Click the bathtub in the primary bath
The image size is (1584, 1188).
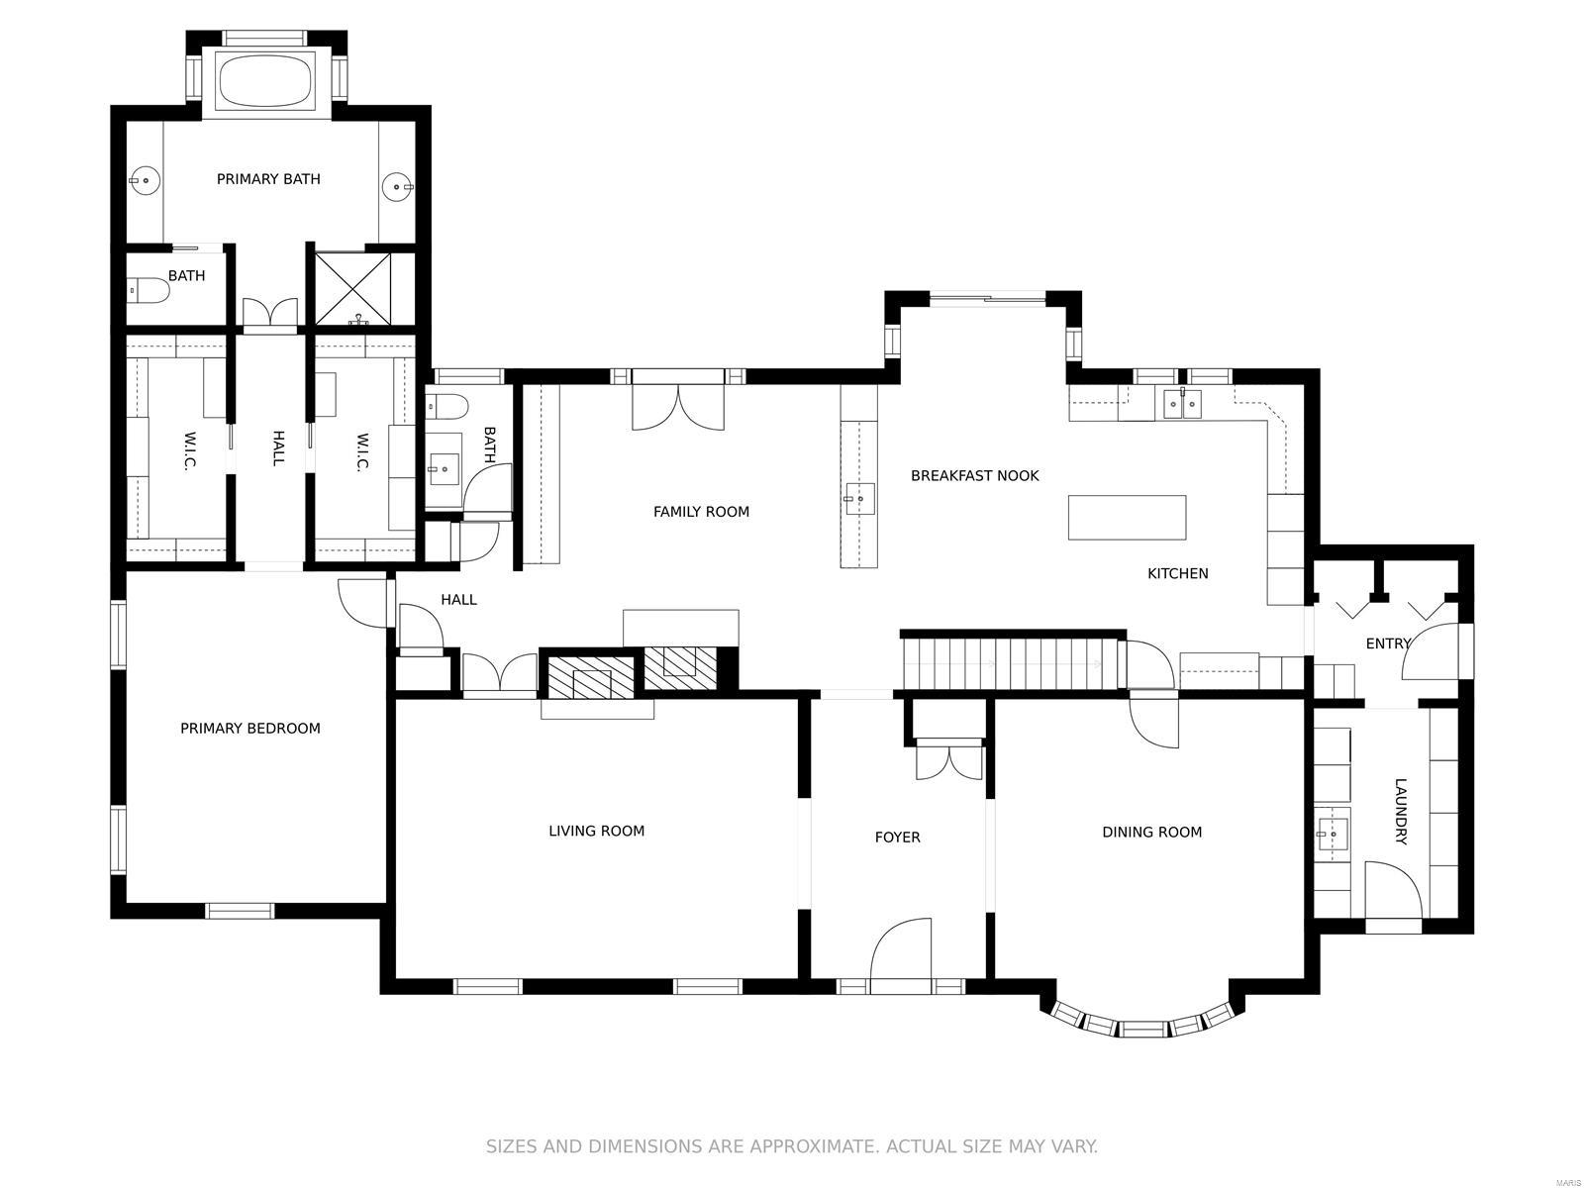click(x=264, y=80)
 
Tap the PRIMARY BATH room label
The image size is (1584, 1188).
click(x=268, y=179)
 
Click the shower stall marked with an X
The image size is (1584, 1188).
click(x=353, y=288)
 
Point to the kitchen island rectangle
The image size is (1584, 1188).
click(x=1127, y=517)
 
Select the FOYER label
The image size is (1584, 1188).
click(x=897, y=838)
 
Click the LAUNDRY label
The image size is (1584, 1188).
click(x=1400, y=812)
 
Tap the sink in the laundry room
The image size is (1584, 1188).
click(x=1333, y=834)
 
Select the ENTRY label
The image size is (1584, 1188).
click(x=1388, y=643)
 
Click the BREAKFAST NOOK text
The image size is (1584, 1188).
click(x=974, y=476)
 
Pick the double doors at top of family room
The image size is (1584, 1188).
click(x=678, y=407)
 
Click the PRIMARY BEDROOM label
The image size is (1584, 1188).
click(x=250, y=729)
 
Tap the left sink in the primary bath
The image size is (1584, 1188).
click(x=145, y=180)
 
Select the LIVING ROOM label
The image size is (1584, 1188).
click(x=596, y=832)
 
